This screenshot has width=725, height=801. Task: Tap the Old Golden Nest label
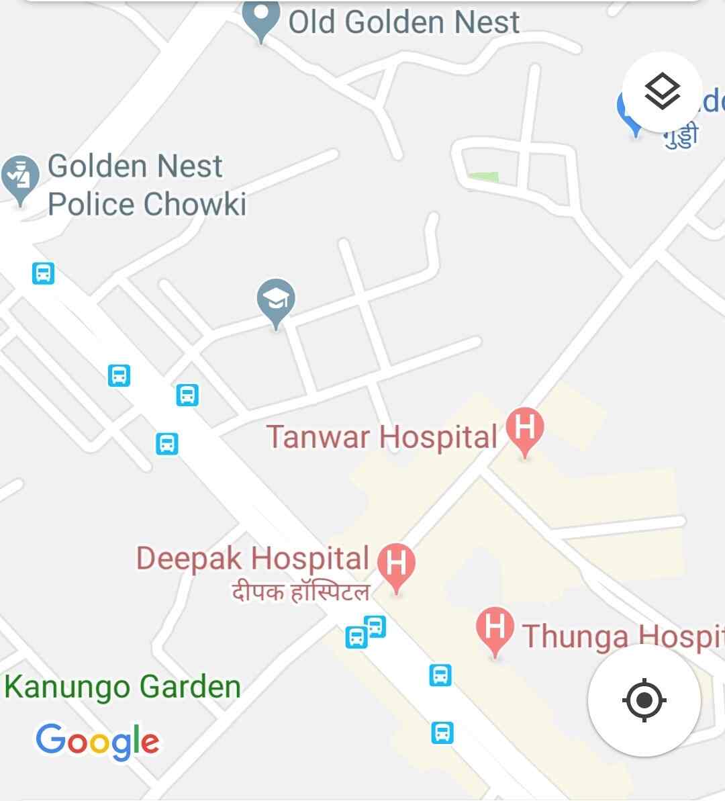click(403, 22)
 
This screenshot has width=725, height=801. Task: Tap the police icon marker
click(21, 176)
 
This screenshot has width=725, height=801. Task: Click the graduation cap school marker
click(276, 300)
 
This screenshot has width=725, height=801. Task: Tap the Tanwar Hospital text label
click(381, 437)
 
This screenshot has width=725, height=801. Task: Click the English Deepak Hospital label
click(252, 559)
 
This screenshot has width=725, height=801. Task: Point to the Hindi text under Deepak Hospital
click(300, 592)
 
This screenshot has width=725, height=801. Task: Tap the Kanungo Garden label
click(122, 687)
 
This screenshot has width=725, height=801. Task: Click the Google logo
click(98, 741)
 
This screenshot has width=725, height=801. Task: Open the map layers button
click(662, 92)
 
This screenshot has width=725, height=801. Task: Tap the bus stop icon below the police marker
click(44, 273)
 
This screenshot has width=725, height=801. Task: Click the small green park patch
click(483, 177)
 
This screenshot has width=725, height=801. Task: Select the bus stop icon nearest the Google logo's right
click(442, 732)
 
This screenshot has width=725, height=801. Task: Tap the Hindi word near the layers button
click(681, 135)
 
